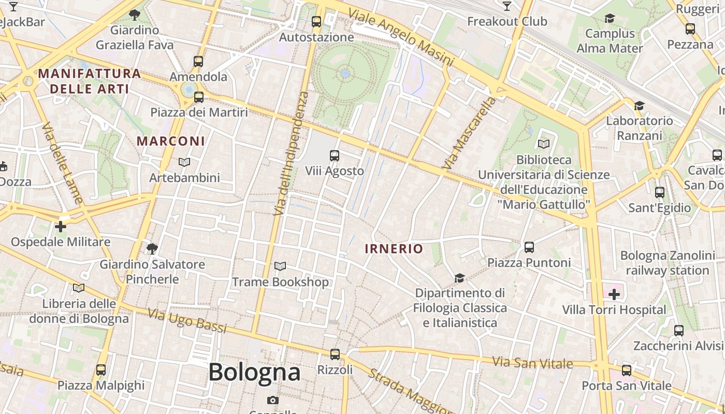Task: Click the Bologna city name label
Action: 254,372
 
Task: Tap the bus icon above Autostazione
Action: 316,22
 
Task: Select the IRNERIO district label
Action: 394,249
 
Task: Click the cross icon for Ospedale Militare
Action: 61,227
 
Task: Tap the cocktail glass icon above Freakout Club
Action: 507,6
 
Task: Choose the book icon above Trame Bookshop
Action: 280,267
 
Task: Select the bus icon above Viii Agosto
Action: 335,155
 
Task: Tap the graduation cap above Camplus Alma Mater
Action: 610,19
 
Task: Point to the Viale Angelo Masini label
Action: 402,38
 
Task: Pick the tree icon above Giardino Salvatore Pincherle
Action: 152,249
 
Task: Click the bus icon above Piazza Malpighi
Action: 101,370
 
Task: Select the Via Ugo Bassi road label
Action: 187,321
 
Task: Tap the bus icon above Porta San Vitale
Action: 627,371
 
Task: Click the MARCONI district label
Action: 171,141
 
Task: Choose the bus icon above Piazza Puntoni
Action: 529,247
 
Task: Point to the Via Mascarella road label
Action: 469,134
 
